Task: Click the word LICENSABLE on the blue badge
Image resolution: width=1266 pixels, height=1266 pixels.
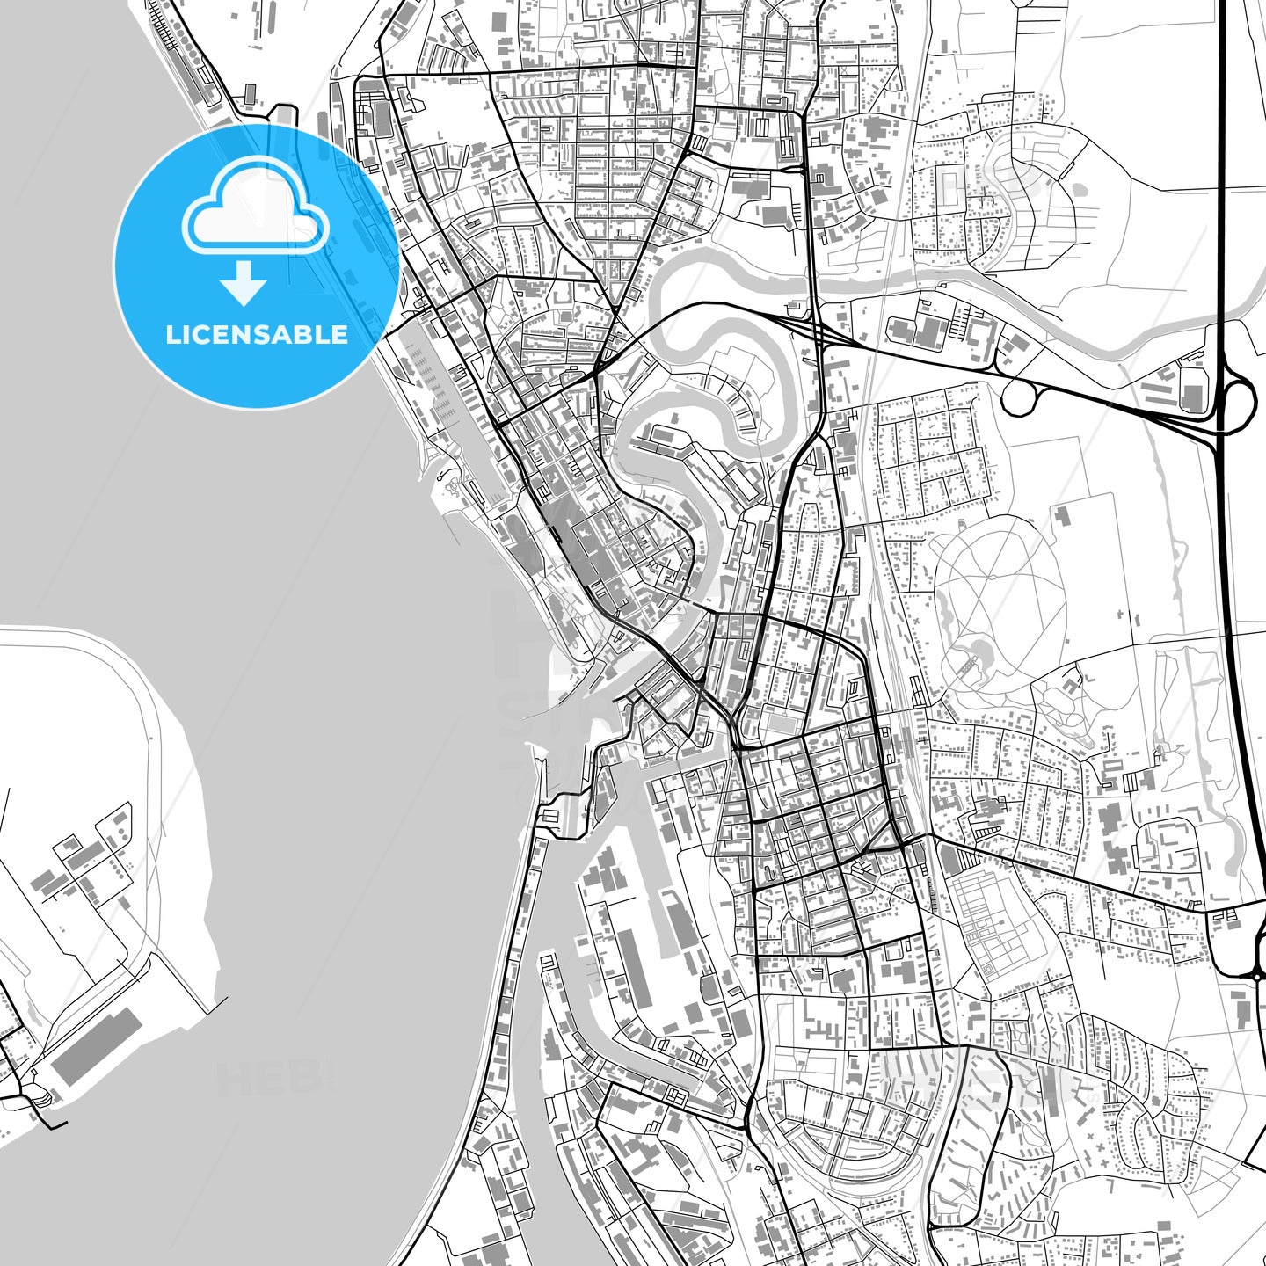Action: pos(256,335)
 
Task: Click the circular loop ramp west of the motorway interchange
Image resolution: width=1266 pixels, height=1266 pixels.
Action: pos(1019,398)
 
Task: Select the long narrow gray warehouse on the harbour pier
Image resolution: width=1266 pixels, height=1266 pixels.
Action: pos(633,967)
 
